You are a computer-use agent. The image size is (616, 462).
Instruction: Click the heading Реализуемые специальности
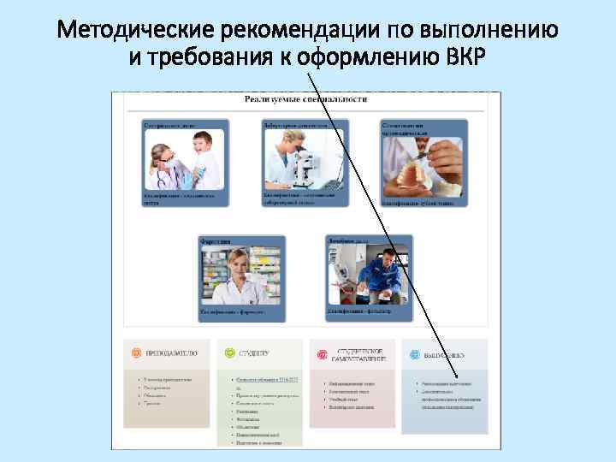[305, 99]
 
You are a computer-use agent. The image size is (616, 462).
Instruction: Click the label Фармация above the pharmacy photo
[216, 241]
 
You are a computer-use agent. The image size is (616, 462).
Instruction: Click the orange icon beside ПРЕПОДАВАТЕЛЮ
[136, 352]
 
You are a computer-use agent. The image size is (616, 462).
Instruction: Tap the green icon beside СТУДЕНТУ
[228, 352]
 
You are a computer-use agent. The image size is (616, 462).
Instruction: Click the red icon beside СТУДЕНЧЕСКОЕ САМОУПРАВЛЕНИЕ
[322, 352]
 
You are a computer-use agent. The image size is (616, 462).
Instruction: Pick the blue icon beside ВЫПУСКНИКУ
[415, 352]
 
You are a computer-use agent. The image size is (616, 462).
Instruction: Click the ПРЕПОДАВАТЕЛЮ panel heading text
[170, 352]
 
